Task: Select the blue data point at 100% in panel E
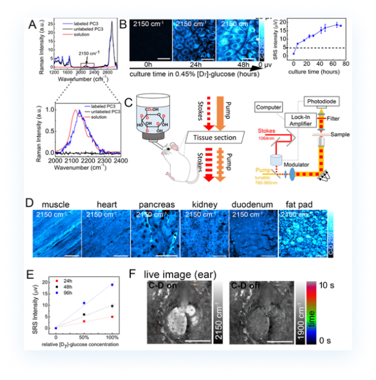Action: pos(111,284)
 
